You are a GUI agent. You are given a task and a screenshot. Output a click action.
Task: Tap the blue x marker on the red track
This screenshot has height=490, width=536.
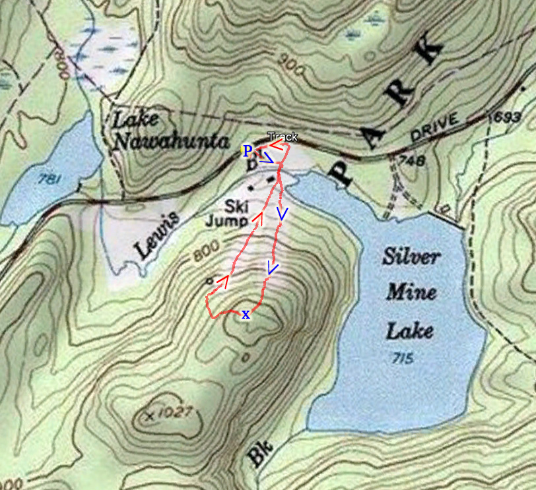pos(246,315)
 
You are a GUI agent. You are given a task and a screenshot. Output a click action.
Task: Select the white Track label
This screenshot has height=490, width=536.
pos(282,137)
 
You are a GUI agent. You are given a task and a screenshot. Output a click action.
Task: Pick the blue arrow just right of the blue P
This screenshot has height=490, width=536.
pos(265,158)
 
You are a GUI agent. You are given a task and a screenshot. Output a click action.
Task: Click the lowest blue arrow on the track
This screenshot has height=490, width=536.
pos(273,267)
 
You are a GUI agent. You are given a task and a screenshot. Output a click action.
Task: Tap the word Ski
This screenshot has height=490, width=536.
pos(235,204)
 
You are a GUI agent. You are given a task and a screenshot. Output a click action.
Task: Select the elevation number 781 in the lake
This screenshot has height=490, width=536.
pos(47,178)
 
